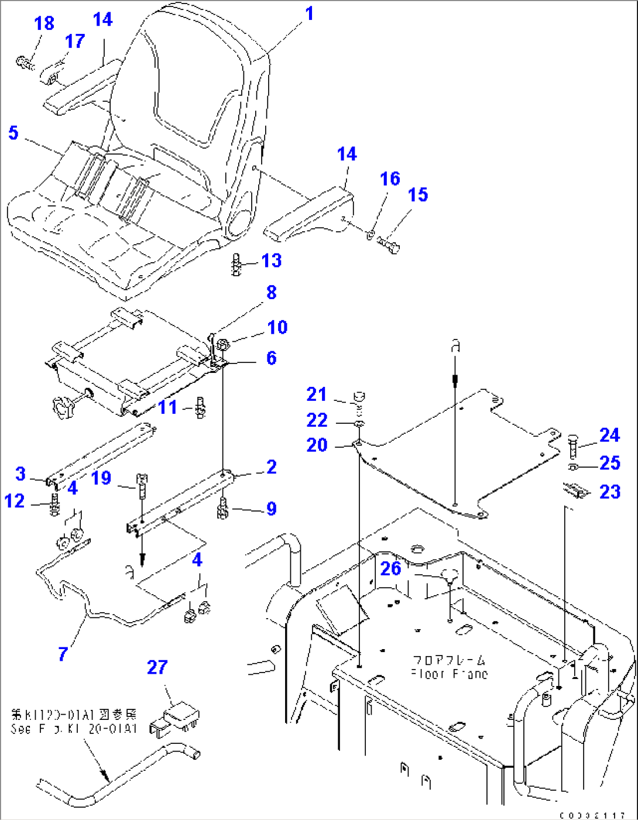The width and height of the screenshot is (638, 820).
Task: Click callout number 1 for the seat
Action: tap(309, 13)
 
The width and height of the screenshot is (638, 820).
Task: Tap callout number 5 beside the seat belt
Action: tap(13, 133)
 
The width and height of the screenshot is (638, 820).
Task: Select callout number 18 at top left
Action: tap(44, 23)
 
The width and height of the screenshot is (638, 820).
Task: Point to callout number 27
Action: tap(157, 667)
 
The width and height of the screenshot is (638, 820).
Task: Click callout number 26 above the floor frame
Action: tap(390, 568)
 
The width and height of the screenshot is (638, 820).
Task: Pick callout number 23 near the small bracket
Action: tap(609, 492)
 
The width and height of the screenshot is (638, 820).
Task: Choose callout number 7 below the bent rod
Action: tap(63, 654)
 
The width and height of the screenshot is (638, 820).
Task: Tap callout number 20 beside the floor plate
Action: tap(317, 445)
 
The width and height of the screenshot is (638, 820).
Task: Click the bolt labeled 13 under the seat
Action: tap(237, 265)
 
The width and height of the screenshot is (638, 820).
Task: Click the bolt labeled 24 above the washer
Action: tap(573, 446)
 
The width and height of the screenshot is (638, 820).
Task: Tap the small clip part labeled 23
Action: tap(575, 490)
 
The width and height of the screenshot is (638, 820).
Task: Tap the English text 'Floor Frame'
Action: tap(449, 674)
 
